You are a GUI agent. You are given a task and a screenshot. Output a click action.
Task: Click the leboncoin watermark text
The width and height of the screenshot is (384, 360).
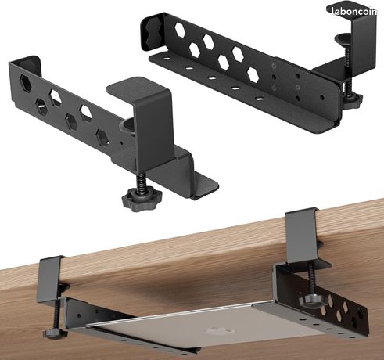[354, 12]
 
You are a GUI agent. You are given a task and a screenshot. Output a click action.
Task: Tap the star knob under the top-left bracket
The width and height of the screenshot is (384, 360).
[142, 200]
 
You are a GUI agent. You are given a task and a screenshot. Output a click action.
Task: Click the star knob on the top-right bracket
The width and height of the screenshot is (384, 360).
[353, 99]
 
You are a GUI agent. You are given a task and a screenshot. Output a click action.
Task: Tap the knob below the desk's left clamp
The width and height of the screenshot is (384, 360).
[56, 333]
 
